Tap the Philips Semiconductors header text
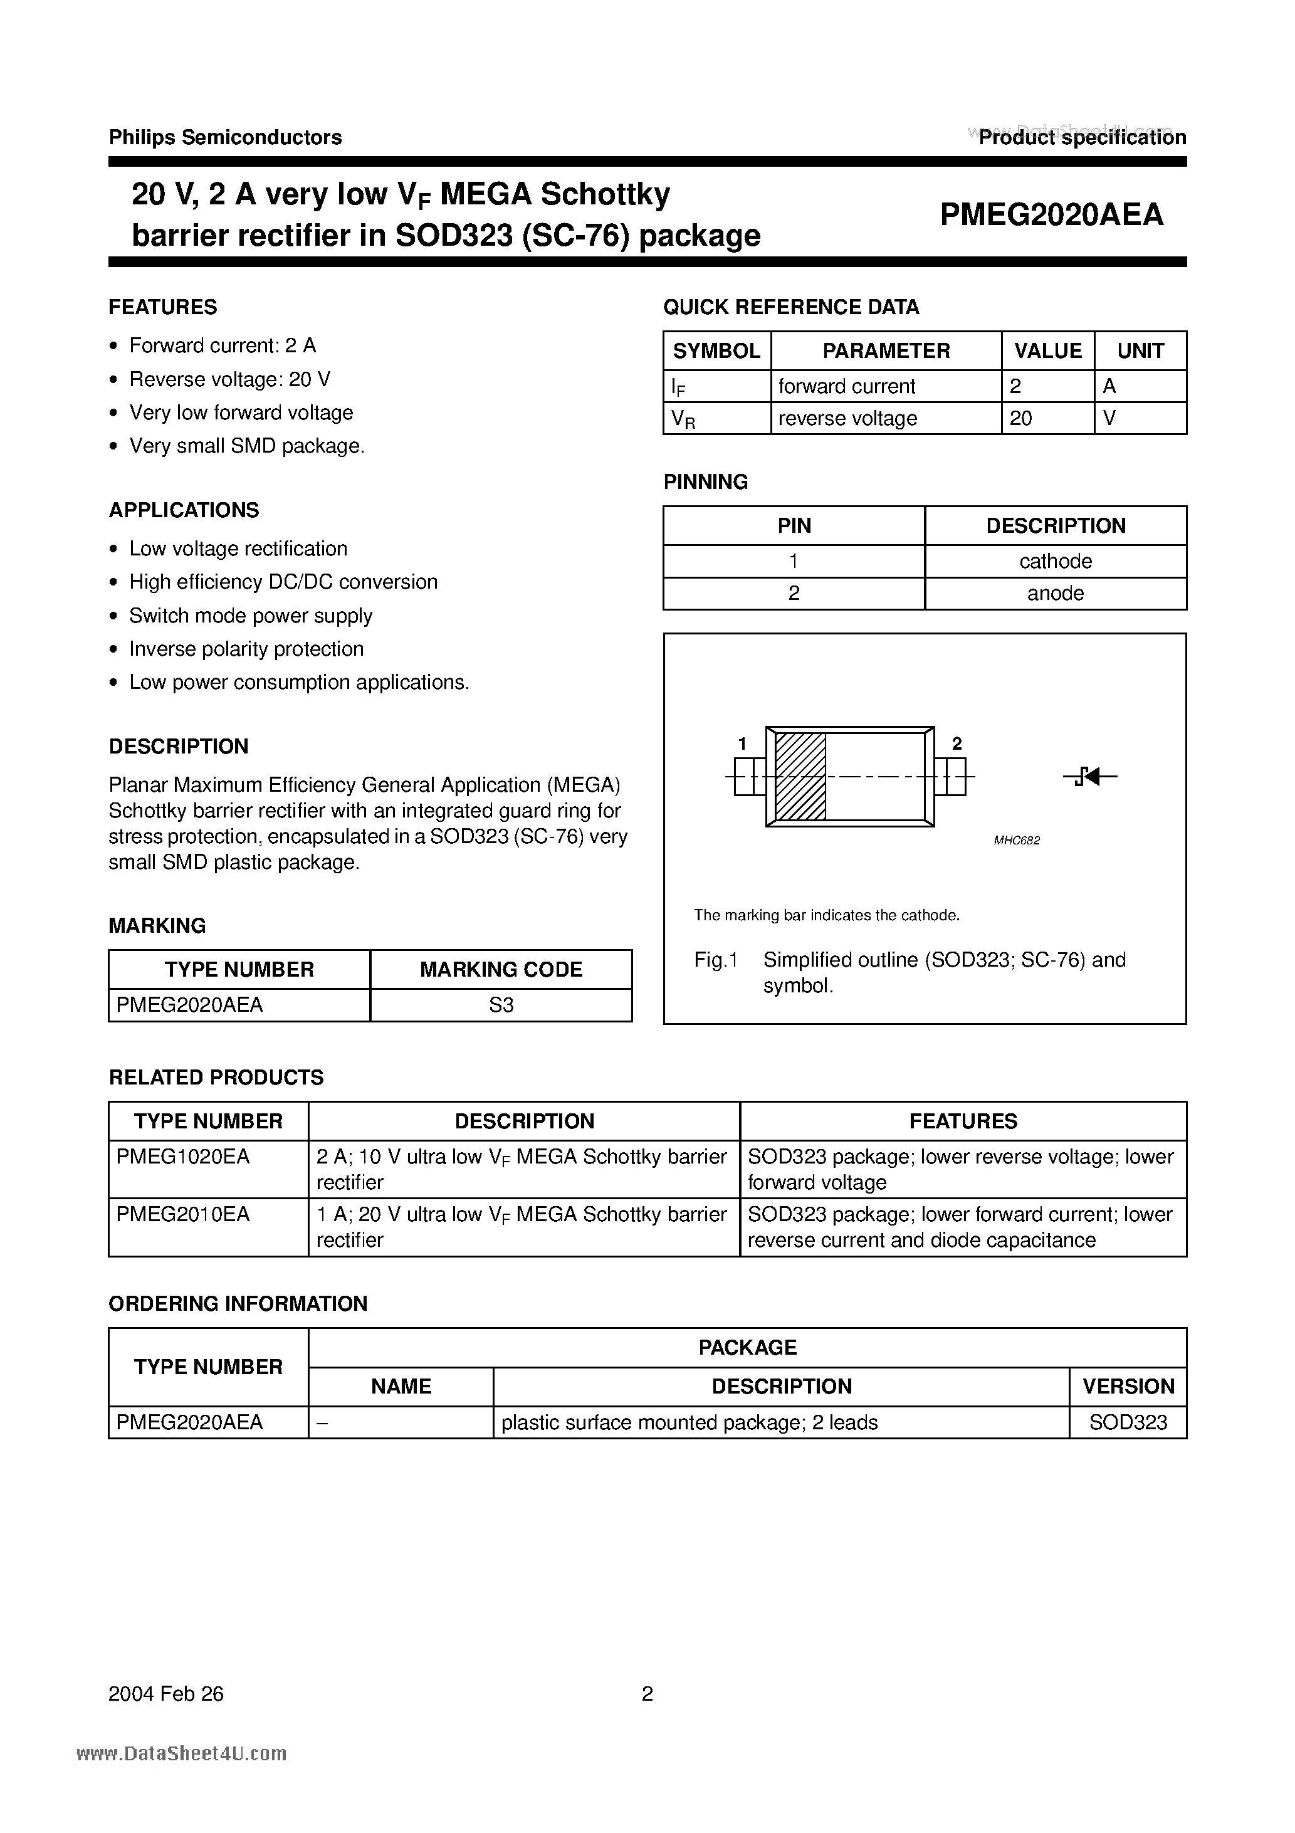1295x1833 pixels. click(225, 137)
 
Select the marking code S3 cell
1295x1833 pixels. click(501, 1005)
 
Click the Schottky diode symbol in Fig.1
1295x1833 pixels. click(1090, 776)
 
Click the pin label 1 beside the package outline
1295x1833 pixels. click(742, 744)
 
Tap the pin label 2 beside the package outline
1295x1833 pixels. click(957, 744)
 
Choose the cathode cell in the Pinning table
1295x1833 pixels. click(1055, 561)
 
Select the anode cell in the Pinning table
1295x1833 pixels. click(1055, 593)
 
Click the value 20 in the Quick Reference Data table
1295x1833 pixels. click(1021, 418)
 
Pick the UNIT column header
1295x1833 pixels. click(1140, 350)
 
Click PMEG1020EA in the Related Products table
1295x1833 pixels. click(184, 1157)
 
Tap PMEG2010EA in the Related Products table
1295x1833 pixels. click(184, 1214)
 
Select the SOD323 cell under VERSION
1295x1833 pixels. click(1128, 1422)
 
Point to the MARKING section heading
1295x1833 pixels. click(157, 926)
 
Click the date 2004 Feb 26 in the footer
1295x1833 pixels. click(166, 1694)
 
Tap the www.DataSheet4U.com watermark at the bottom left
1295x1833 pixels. click(181, 1754)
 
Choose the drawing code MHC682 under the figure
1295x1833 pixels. click(1016, 841)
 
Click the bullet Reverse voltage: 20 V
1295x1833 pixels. click(230, 379)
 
